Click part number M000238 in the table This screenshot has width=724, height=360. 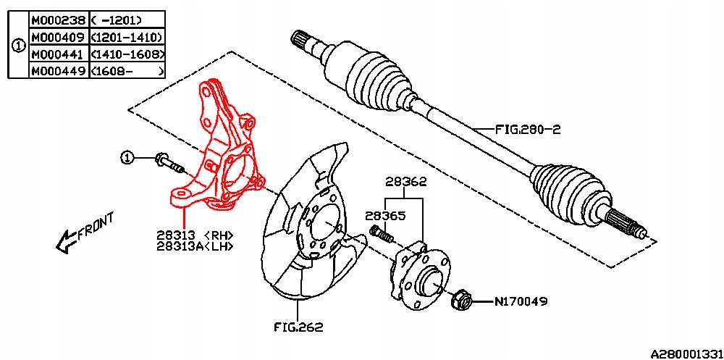[x=57, y=20]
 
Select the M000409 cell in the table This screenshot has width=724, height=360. [x=57, y=37]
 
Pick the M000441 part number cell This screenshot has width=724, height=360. [x=57, y=54]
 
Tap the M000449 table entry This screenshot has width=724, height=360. [x=57, y=70]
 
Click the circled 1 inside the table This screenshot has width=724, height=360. [x=18, y=45]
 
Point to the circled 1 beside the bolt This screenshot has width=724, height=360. [x=127, y=157]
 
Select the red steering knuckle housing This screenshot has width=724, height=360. [x=221, y=152]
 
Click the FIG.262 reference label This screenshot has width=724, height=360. [x=299, y=327]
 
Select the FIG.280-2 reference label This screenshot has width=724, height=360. [x=529, y=130]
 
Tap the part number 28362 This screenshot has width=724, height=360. [x=405, y=183]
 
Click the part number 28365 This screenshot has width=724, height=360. [x=385, y=216]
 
